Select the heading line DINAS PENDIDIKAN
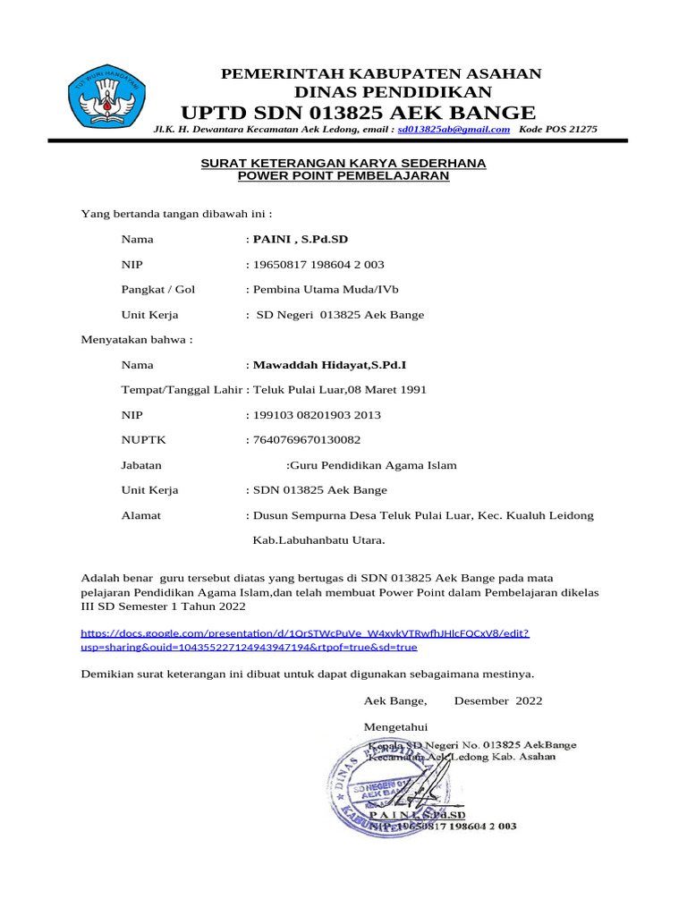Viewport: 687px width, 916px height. coord(393,92)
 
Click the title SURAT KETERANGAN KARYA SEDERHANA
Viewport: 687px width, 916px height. coord(343,163)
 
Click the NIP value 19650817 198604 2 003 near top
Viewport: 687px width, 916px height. coord(318,265)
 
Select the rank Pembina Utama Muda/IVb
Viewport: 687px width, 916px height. coord(326,290)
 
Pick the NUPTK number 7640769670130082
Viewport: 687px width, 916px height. coord(307,440)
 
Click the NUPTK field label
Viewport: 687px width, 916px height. coord(143,440)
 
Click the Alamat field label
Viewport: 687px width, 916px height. coord(141,515)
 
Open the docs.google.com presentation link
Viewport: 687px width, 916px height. coord(304,640)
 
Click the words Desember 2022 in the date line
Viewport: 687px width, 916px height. coord(497,700)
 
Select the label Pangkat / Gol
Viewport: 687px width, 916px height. coord(158,290)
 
